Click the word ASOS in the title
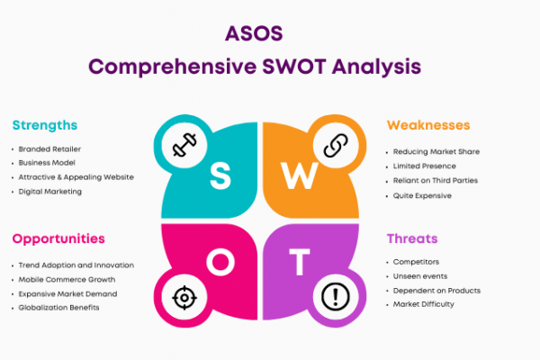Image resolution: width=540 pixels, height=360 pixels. pos(254,34)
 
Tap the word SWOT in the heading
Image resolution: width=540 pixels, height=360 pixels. pos(293,67)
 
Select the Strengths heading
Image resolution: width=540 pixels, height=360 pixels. pos(45,125)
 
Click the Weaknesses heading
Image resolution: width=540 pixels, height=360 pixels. pos(428,125)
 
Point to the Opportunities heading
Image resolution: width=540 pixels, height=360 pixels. pos(58,239)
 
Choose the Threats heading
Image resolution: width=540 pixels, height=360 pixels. pos(412,238)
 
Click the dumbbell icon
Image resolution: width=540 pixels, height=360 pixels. pos(184,145)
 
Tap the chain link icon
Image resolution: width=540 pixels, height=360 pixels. pos(336,146)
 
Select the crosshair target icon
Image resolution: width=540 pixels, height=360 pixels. pos(184,297)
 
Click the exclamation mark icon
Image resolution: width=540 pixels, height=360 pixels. pos(336,297)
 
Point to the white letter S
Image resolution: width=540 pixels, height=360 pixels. pos(220,176)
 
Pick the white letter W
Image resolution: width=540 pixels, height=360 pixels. pos(300,176)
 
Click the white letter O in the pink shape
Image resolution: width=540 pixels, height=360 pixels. pos(220,262)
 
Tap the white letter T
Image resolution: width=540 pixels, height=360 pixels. pos(300,262)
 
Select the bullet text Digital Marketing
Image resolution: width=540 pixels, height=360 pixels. pos(50,192)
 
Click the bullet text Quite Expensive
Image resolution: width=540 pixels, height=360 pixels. pos(422,195)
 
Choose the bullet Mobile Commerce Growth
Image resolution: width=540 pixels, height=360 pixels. pos(67,280)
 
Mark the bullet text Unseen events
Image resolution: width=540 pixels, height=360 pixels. pos(420,276)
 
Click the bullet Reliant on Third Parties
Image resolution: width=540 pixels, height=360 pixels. pos(436,181)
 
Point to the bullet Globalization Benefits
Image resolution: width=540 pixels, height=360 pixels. pos(58,308)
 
